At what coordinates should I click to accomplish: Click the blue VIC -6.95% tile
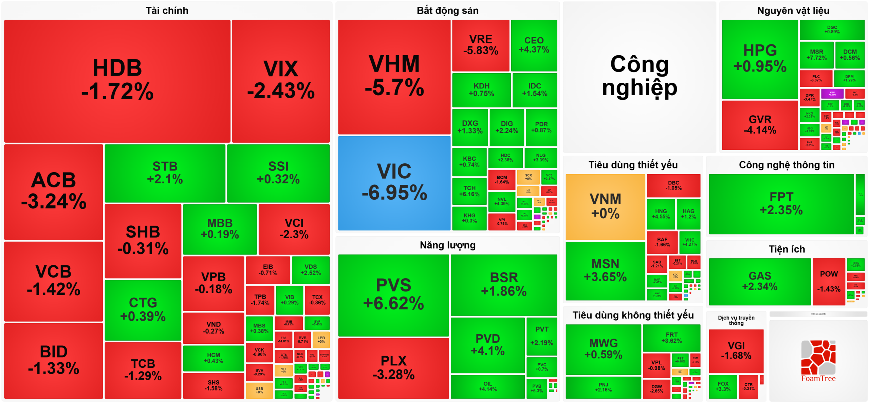[394, 183]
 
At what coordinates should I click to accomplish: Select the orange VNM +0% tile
[605, 207]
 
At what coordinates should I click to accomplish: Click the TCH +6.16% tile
[469, 191]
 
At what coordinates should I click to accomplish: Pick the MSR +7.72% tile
[816, 55]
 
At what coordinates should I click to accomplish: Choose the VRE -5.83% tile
[481, 45]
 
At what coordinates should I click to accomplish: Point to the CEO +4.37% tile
[534, 45]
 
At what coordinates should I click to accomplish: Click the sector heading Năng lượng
[447, 245]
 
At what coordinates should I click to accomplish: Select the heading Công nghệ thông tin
[787, 165]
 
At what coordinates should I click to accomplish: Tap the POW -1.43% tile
[829, 281]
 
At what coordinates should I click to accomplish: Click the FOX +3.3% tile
[723, 386]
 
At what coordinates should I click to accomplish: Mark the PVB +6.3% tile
[537, 388]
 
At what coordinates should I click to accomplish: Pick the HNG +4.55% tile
[661, 214]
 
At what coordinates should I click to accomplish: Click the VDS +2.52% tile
[310, 270]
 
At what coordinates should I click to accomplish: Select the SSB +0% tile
[259, 390]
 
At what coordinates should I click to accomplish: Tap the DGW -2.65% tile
[657, 388]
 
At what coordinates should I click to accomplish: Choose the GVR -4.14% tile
[760, 125]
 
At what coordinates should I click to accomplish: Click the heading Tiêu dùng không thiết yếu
[633, 316]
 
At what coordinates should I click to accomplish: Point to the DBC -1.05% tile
[673, 185]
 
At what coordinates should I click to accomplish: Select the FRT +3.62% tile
[671, 338]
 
